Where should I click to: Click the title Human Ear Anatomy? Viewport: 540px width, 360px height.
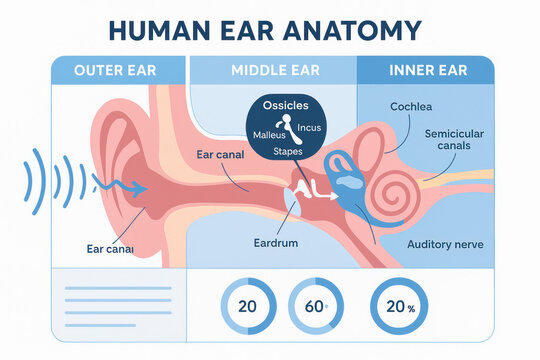click(264, 30)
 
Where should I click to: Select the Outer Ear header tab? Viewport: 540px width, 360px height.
click(116, 70)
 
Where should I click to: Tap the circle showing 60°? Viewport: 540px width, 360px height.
click(314, 307)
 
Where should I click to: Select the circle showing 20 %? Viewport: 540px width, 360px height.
click(395, 307)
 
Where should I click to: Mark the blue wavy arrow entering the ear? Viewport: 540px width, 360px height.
click(120, 185)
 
